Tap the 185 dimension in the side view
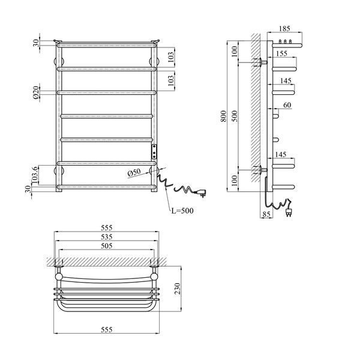(x=284, y=28)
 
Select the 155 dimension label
(x=281, y=53)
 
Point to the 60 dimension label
(x=287, y=105)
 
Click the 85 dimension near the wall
(x=266, y=214)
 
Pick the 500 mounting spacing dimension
(x=235, y=116)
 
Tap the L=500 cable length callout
(x=182, y=211)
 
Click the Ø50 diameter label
(x=134, y=173)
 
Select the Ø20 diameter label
(x=36, y=93)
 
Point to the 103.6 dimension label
(x=35, y=175)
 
